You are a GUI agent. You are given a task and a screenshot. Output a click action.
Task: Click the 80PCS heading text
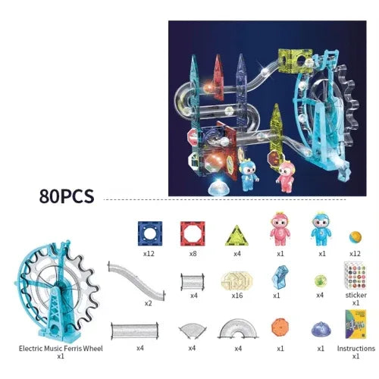[67, 196]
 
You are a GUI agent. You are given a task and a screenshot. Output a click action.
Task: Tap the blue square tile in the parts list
[150, 233]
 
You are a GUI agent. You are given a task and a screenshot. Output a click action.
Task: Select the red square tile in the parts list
[193, 233]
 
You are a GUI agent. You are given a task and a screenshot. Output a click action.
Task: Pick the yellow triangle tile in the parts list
[236, 236]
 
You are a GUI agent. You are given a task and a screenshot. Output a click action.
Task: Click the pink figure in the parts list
[280, 229]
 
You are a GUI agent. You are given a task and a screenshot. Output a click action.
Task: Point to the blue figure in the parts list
[321, 229]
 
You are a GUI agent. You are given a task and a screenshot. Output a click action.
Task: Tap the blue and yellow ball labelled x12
[356, 237]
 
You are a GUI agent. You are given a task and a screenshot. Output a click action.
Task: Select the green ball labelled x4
[321, 281]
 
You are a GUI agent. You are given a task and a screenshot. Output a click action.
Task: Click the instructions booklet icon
[356, 324]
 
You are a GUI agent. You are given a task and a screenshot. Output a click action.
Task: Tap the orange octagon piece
[280, 327]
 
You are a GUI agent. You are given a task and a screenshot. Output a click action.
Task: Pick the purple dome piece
[321, 329]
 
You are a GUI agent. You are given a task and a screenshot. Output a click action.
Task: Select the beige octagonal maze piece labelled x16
[236, 280]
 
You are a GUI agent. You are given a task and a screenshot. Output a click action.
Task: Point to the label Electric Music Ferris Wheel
[61, 349]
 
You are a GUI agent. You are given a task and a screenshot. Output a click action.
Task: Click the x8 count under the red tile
[193, 253]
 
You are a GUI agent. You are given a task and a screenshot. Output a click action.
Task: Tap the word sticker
[356, 295]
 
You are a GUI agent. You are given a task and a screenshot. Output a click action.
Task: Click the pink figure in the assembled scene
[286, 177]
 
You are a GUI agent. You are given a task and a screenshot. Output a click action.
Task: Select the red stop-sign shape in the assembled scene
[193, 137]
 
